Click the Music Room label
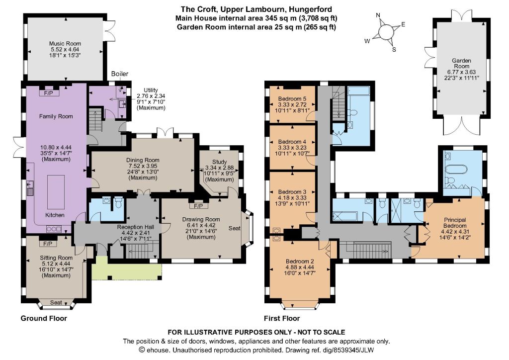coord(65,43)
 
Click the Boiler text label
coord(120,74)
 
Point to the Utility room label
coord(151,90)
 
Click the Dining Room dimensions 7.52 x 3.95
coord(143,166)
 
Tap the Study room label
coord(219,162)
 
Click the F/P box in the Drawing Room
coord(199,206)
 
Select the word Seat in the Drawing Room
coord(235,228)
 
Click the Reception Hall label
coord(136,227)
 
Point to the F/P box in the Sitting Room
coord(48,244)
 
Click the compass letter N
coord(378,15)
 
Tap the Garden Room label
coord(462,63)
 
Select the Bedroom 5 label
coord(292,98)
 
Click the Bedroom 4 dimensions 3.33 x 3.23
coord(292,147)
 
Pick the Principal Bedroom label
coord(455,223)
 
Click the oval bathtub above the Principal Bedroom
coord(456,170)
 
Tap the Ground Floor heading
coord(44,318)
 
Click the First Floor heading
coord(282,318)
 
